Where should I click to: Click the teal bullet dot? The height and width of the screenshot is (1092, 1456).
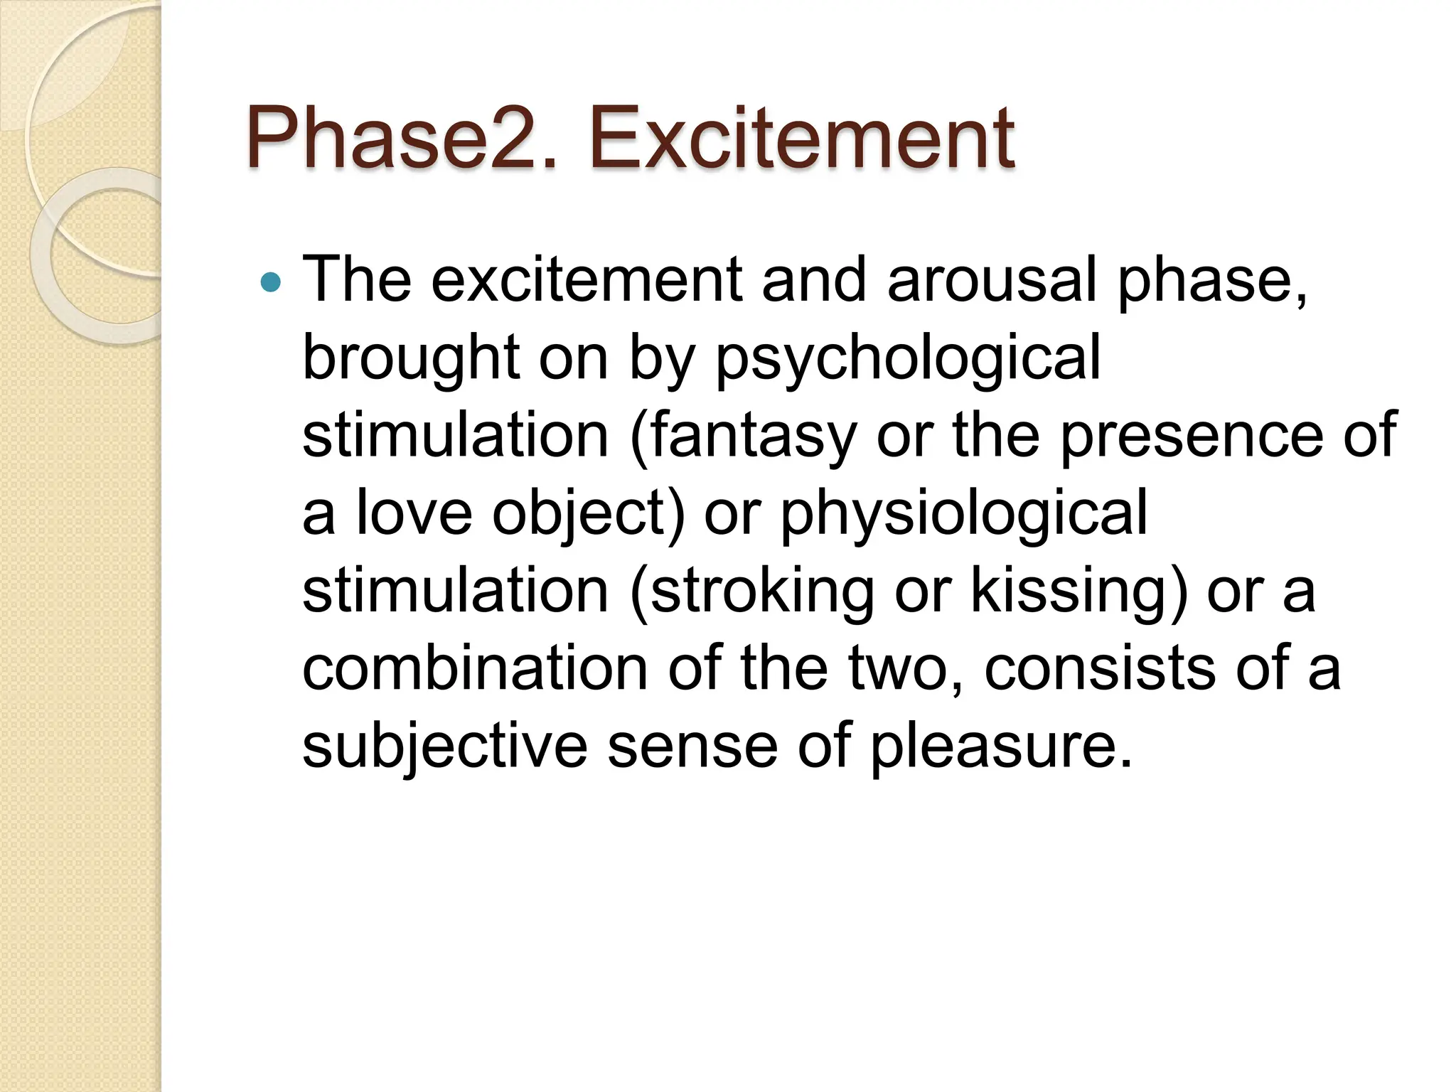click(271, 283)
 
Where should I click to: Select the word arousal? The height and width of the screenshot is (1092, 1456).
click(992, 279)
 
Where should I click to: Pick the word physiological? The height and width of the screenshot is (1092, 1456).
click(964, 514)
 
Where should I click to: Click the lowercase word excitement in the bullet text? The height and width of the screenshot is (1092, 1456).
click(587, 279)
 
